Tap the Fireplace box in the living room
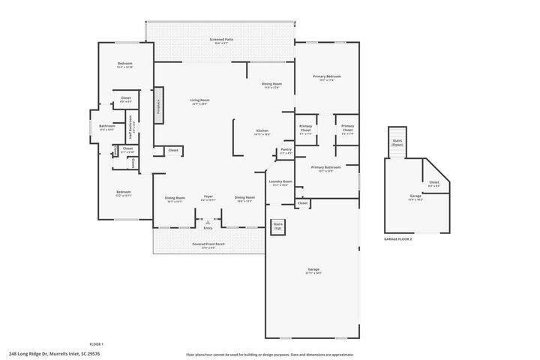click(x=158, y=105)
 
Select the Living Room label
click(x=199, y=101)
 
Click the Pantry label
click(x=286, y=151)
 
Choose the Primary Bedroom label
click(x=327, y=77)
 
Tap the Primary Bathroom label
click(x=325, y=168)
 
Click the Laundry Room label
click(x=280, y=183)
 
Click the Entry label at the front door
click(x=208, y=228)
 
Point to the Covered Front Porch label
click(x=209, y=244)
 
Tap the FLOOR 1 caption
click(x=96, y=343)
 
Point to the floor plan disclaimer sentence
click(x=269, y=355)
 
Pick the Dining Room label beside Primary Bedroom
click(x=271, y=85)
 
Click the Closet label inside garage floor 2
click(x=434, y=182)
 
